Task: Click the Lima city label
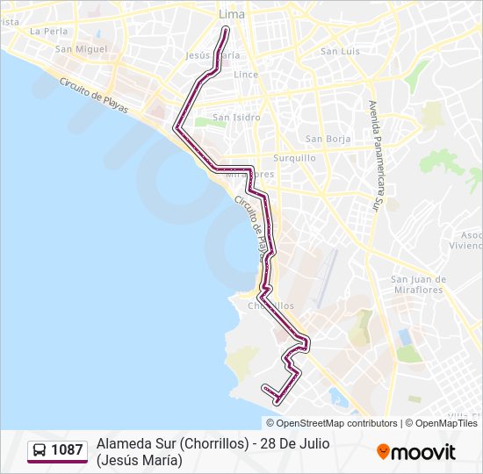[x=231, y=15]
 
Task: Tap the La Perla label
[x=48, y=31]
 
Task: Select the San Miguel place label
[x=81, y=49]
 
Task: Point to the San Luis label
[x=340, y=51]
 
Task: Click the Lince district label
[x=246, y=75]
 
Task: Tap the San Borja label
[x=328, y=139]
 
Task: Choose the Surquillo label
[x=294, y=158]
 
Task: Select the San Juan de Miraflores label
[x=418, y=285]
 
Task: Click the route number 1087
[x=67, y=450]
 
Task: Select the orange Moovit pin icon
[x=383, y=452]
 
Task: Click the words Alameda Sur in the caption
[x=136, y=443]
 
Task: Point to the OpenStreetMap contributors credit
[x=330, y=423]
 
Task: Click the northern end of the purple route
[x=227, y=30]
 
